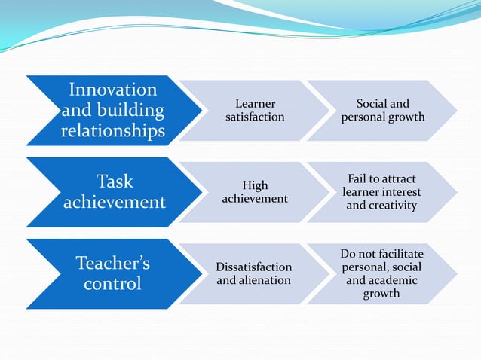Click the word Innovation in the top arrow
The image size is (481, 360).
[113, 90]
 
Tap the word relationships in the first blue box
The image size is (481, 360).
[113, 132]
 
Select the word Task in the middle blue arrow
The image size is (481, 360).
[115, 181]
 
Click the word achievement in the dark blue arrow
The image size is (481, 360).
[115, 203]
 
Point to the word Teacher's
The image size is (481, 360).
[113, 263]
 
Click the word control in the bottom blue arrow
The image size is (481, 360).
[113, 285]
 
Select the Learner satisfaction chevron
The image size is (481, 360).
[255, 110]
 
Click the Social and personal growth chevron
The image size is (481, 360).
[383, 110]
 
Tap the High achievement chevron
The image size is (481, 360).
[255, 192]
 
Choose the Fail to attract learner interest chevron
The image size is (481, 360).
[381, 192]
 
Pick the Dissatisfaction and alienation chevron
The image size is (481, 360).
[254, 273]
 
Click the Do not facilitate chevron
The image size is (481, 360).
[381, 273]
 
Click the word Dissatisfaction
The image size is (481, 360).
[254, 267]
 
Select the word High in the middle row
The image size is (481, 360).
[255, 185]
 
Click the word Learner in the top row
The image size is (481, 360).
[255, 103]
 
